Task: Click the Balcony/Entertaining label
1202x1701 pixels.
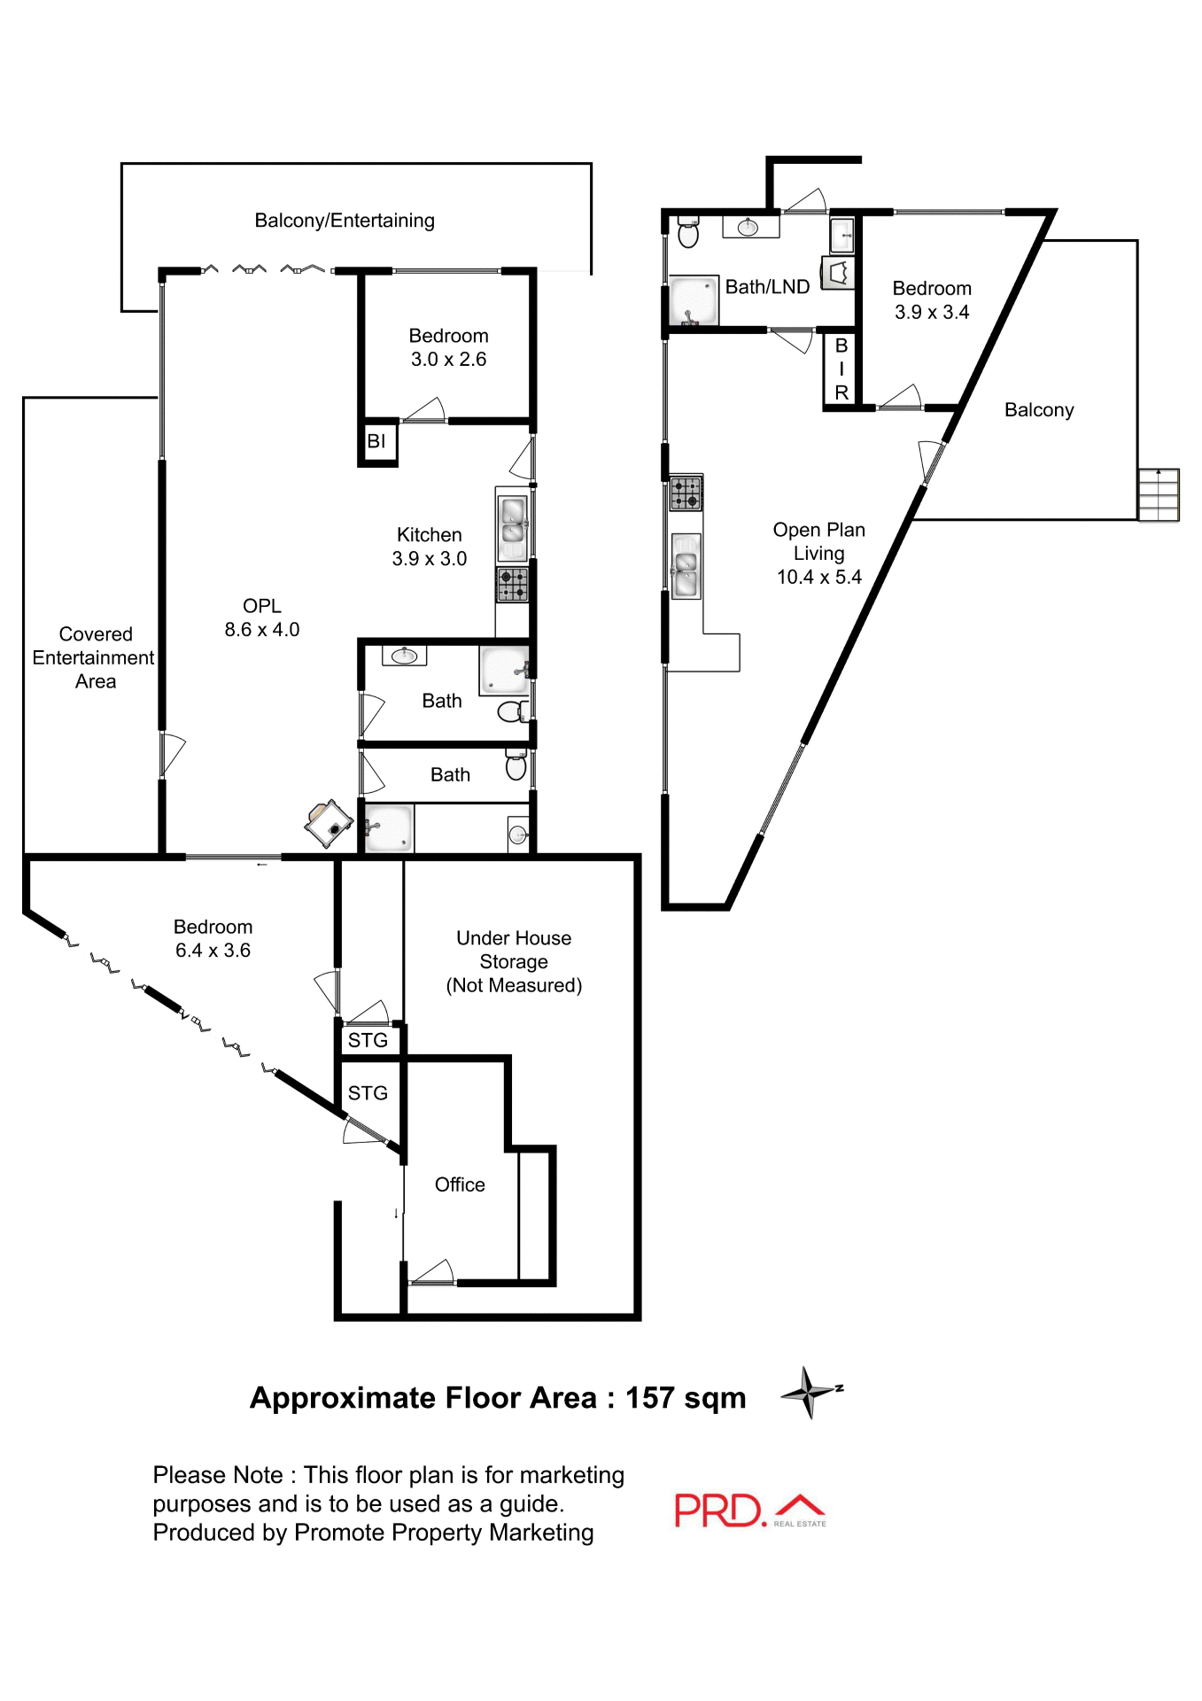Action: coord(345,221)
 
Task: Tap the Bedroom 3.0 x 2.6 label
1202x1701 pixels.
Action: coord(448,347)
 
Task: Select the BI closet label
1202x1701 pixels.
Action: coord(376,441)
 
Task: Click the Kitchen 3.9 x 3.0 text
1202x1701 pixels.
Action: coord(430,547)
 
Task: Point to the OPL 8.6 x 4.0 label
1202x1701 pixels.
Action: coord(262,617)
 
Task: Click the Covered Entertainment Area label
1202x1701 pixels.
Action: coord(95,657)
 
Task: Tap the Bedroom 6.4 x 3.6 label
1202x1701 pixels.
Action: coord(213,938)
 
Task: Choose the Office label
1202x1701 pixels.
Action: coord(460,1184)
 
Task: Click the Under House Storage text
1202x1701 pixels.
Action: coord(514,961)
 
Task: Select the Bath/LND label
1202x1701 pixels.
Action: coord(767,287)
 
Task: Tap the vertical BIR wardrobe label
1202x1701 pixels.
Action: coord(841,369)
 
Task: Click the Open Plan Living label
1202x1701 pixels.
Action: coord(818,553)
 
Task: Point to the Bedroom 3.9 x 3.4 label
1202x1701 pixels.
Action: coord(932,300)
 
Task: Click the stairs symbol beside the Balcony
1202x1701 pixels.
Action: coord(1159,494)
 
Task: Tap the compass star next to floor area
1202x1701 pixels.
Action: coord(809,1392)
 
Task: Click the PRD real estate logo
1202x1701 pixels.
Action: coord(749,1511)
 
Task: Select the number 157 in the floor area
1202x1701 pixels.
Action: coord(649,1398)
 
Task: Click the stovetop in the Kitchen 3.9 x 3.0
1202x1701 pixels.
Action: coord(512,585)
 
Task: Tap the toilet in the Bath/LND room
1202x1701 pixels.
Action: coord(688,234)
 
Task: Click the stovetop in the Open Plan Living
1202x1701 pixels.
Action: coord(686,493)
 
